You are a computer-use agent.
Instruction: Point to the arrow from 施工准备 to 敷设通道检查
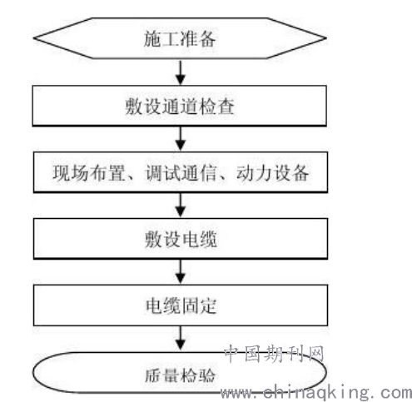(181, 72)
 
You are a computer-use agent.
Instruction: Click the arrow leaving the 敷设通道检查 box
(181, 139)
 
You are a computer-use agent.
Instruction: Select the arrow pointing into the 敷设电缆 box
(181, 206)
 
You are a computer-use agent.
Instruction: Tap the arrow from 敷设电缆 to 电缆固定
(181, 272)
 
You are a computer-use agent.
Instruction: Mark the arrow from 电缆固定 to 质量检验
(181, 339)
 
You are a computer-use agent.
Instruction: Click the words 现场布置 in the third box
(88, 173)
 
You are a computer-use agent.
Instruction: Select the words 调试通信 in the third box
(181, 173)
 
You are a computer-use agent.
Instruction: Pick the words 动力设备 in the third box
(272, 173)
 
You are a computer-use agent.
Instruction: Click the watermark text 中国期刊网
(274, 354)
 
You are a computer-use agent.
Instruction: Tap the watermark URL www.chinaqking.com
(316, 392)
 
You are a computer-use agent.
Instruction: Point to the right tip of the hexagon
(326, 38)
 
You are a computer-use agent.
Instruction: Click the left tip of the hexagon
(33, 38)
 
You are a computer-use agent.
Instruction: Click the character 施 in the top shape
(152, 38)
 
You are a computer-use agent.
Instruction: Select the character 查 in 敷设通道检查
(226, 106)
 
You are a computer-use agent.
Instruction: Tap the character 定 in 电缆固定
(207, 305)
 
